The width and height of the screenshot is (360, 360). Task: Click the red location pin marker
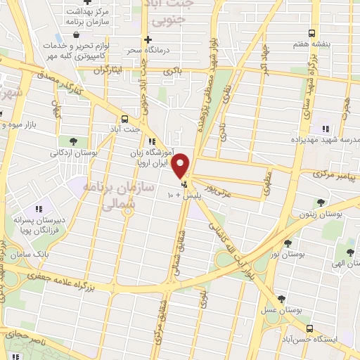(181, 166)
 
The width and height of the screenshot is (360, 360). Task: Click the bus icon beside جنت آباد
(124, 119)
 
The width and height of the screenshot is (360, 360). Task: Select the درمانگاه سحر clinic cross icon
(146, 40)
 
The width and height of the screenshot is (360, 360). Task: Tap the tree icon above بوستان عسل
(283, 298)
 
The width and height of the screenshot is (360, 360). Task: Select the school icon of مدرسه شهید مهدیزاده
(325, 129)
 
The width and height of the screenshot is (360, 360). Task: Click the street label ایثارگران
(117, 70)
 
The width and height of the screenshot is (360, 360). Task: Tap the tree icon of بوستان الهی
(350, 252)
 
